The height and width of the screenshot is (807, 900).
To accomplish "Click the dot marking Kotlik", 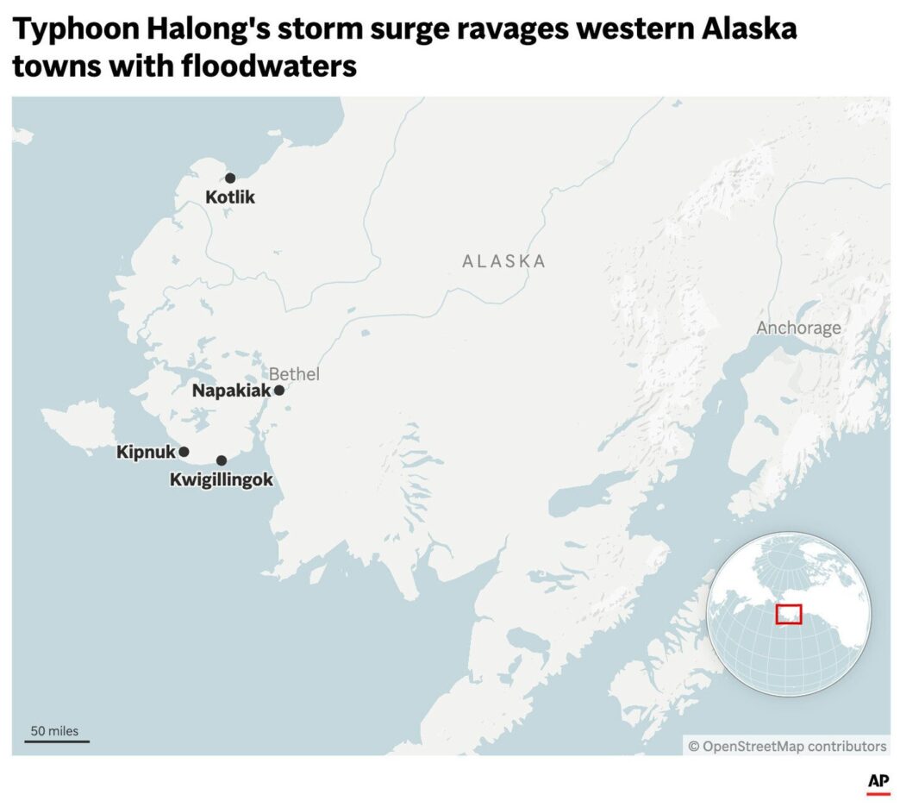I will [230, 178].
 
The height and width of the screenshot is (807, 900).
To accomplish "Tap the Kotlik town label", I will [230, 197].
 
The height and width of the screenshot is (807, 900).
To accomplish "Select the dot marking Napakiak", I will [279, 391].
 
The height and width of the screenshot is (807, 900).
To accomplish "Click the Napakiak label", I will [231, 391].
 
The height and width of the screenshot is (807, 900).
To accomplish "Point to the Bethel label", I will [294, 374].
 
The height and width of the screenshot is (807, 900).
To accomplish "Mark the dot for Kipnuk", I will [184, 452].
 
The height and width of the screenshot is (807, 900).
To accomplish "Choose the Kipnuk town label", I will [146, 452].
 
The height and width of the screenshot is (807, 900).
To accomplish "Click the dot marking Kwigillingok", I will [222, 460].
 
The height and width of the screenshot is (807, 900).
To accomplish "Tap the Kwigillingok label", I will [222, 479].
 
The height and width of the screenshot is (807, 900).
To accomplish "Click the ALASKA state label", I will [504, 261].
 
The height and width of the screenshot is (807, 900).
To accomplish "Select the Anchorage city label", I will [798, 328].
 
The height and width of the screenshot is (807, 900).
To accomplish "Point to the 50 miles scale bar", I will [56, 740].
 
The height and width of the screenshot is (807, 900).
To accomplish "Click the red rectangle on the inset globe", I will [789, 614].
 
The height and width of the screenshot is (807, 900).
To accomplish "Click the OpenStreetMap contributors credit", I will [787, 746].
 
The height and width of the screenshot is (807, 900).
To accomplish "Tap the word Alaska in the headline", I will [749, 30].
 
